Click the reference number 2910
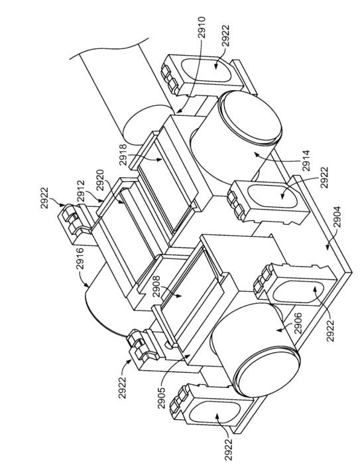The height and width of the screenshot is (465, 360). [202, 28]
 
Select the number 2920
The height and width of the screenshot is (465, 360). [101, 180]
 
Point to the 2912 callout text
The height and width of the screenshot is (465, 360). [81, 192]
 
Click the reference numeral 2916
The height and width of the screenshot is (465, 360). [80, 259]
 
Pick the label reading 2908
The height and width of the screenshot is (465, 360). [156, 287]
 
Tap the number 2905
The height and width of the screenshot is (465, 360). [162, 398]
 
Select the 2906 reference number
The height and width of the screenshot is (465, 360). [298, 323]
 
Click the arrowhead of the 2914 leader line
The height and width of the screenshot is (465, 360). [256, 154]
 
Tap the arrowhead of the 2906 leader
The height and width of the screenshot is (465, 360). [277, 330]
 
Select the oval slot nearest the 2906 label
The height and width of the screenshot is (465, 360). [294, 292]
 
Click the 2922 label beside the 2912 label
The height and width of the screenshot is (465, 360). [44, 198]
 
